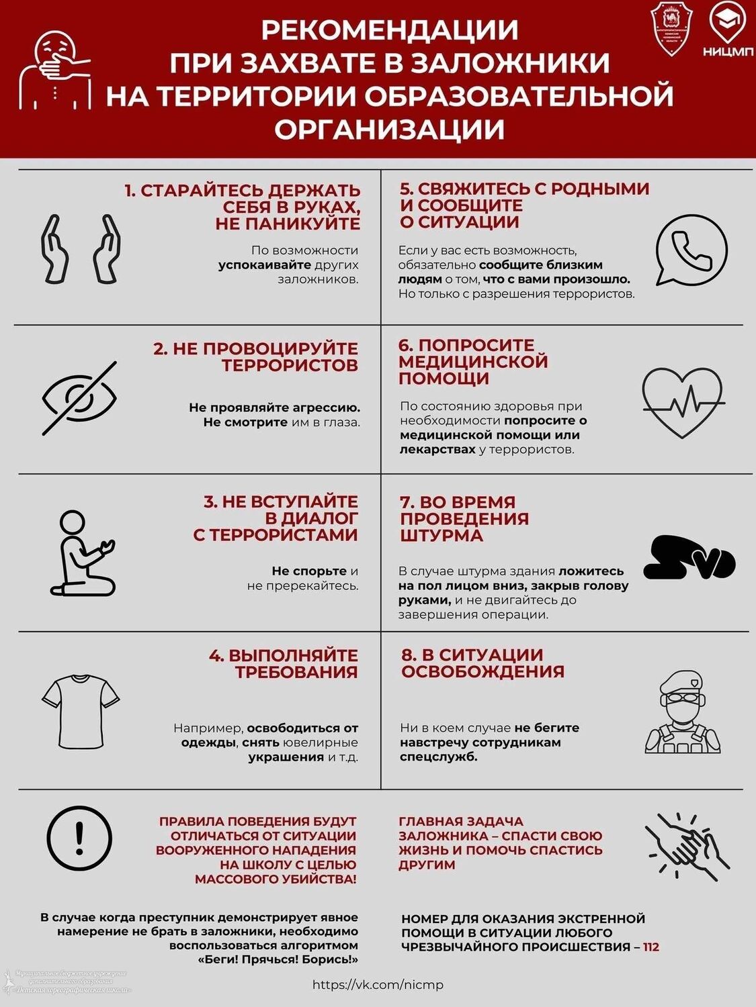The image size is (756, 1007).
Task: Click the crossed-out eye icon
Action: pyautogui.click(x=79, y=398)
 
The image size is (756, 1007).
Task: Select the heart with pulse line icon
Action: pyautogui.click(x=683, y=402)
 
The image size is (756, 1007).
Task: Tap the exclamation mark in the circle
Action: pyautogui.click(x=80, y=838)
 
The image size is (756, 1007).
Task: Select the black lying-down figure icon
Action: pyautogui.click(x=688, y=558)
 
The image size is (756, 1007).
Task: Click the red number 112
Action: pyautogui.click(x=651, y=947)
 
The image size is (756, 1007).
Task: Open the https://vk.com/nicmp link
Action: pyautogui.click(x=378, y=985)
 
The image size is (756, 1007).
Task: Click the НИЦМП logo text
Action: pyautogui.click(x=728, y=52)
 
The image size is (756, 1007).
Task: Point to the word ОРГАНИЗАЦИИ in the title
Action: pyautogui.click(x=389, y=128)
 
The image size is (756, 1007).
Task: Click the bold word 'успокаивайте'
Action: pyautogui.click(x=265, y=265)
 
